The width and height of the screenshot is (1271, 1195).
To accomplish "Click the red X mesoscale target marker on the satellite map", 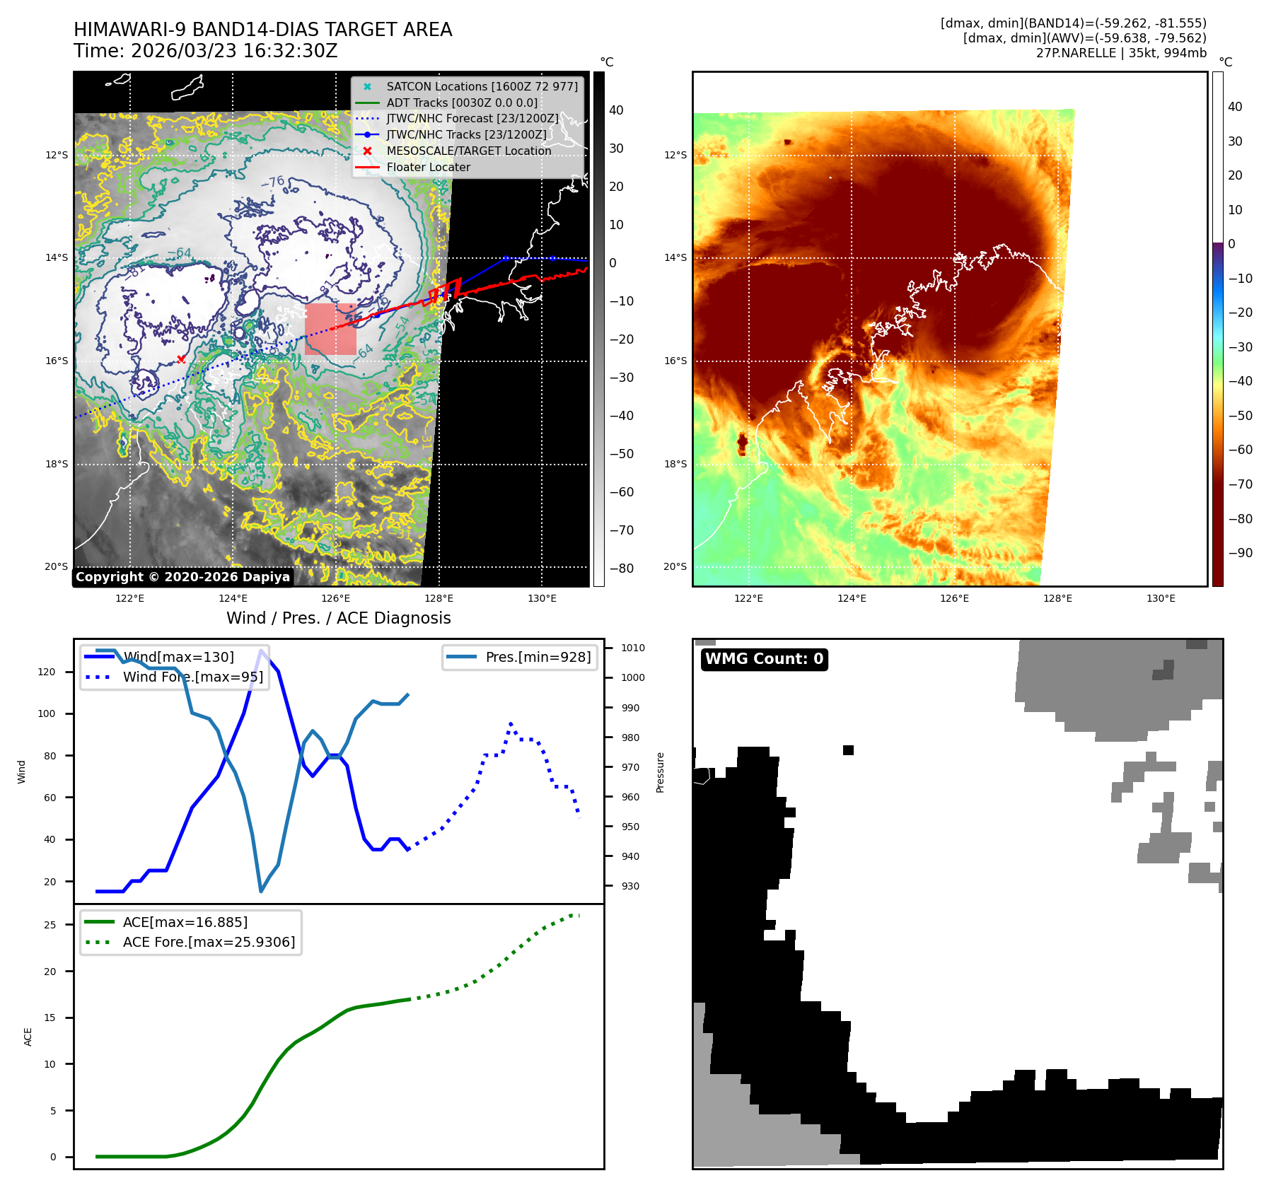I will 181,359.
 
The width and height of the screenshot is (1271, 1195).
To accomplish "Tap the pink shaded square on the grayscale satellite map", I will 330,329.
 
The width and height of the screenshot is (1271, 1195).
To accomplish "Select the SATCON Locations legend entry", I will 482,86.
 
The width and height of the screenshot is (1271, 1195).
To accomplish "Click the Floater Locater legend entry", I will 428,167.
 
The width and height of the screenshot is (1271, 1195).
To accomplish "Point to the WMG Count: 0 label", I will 764,659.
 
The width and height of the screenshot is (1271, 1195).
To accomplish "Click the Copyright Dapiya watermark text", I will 182,577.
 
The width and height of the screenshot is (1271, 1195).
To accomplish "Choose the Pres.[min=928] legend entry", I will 538,657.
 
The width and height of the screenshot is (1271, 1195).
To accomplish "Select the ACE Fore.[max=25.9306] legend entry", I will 209,942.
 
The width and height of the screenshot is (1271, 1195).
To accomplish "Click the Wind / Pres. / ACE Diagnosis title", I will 338,618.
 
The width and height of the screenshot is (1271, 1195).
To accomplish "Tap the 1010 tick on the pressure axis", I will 632,648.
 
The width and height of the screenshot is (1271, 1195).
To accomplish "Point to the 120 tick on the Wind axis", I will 47,672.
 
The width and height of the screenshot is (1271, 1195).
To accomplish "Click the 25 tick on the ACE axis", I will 50,925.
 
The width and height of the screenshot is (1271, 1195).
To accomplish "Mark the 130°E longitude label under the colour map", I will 1161,598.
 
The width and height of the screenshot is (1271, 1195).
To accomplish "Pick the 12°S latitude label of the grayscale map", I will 57,155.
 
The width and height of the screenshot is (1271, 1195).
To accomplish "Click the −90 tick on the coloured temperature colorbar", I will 1240,553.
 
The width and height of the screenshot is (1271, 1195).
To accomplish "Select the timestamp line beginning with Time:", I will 205,51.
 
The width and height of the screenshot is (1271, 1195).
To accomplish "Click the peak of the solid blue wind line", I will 262,651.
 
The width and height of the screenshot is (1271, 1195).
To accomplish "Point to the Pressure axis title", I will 660,772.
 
